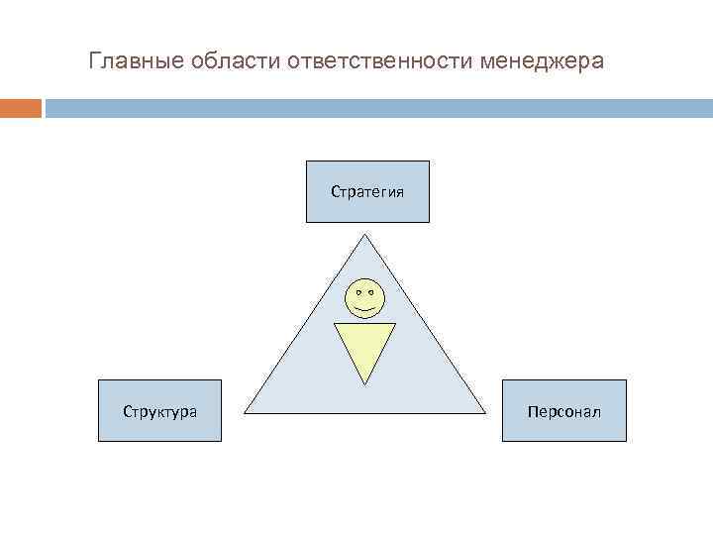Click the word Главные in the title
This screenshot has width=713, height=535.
pyautogui.click(x=127, y=61)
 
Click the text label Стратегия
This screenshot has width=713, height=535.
pyautogui.click(x=367, y=191)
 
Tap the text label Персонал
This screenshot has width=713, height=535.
pyautogui.click(x=564, y=411)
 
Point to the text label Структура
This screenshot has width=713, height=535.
pyautogui.click(x=159, y=411)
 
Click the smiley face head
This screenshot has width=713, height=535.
pyautogui.click(x=364, y=298)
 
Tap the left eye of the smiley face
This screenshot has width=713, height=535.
pyautogui.click(x=357, y=292)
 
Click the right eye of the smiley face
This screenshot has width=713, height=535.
pyautogui.click(x=371, y=292)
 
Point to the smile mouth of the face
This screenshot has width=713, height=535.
pyautogui.click(x=364, y=308)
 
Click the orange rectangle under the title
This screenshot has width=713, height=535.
pyautogui.click(x=21, y=108)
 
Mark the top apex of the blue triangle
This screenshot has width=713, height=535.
pyautogui.click(x=365, y=235)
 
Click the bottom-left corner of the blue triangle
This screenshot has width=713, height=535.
pyautogui.click(x=246, y=411)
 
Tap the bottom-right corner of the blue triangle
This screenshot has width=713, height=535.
pyautogui.click(x=485, y=411)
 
